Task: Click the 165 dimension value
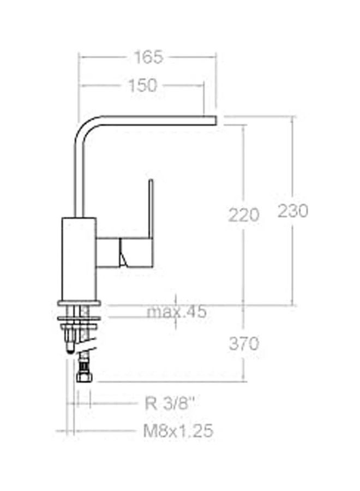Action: [148, 57]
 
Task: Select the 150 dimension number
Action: [142, 85]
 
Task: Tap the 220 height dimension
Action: [243, 215]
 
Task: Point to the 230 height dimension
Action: [293, 211]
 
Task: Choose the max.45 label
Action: [177, 312]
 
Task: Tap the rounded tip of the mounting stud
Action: [70, 349]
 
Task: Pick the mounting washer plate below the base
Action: [79, 315]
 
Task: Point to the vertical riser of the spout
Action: [77, 175]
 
